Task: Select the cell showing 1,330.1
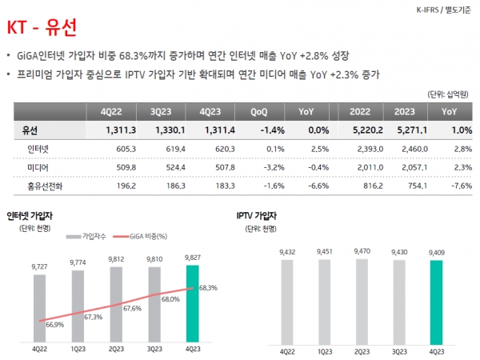[x=169, y=130]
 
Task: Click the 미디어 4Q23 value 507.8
[x=218, y=167]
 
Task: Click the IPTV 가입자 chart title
[x=258, y=216]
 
